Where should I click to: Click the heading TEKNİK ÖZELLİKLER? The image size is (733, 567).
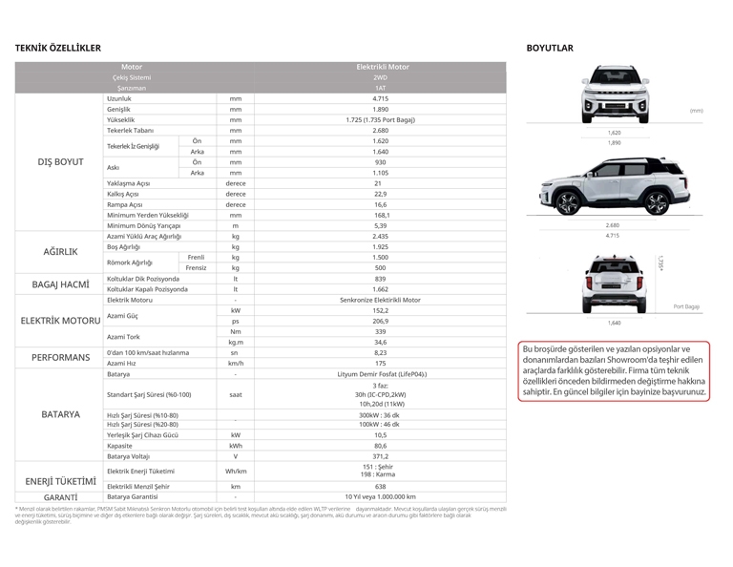coord(58,48)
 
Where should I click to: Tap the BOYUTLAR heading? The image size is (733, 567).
coord(550,48)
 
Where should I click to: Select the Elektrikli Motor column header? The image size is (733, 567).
coord(381,67)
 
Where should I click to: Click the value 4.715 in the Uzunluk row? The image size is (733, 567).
coord(381,98)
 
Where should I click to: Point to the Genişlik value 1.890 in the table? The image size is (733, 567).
coord(381,109)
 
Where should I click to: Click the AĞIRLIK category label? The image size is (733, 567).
coord(60,251)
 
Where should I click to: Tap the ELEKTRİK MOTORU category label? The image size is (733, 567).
coord(60,320)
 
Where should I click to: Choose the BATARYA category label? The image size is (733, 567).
coord(60,414)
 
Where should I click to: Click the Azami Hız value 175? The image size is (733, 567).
coord(381,363)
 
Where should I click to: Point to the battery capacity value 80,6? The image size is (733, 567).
coord(381,445)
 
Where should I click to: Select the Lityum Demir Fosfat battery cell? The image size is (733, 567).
coord(381,373)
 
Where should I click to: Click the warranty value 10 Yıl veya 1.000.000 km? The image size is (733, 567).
coord(381,496)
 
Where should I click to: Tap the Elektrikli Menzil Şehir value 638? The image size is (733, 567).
coord(381,486)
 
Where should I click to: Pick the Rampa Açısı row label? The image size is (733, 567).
coord(125,203)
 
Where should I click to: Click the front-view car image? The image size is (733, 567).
coord(614,95)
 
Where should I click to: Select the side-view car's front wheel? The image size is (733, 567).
coord(567,204)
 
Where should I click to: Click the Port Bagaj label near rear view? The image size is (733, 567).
coord(686,306)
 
